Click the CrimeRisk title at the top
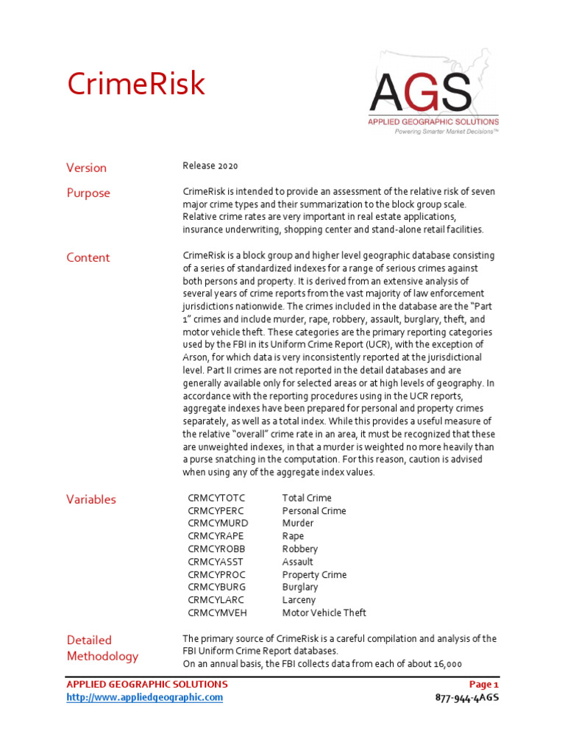click(136, 84)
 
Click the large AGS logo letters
click(420, 93)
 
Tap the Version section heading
click(87, 168)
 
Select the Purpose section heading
click(88, 193)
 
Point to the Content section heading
click(88, 257)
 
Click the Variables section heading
click(91, 499)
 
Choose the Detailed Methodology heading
click(102, 648)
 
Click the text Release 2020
click(210, 166)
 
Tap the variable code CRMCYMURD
click(218, 524)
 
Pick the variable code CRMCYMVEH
click(218, 613)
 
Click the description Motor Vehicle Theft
click(324, 613)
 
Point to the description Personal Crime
click(314, 510)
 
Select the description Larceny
click(299, 600)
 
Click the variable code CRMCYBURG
click(217, 588)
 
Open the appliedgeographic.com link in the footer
click(144, 697)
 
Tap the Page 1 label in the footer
click(483, 685)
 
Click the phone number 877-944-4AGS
click(467, 697)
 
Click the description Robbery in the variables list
click(300, 549)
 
